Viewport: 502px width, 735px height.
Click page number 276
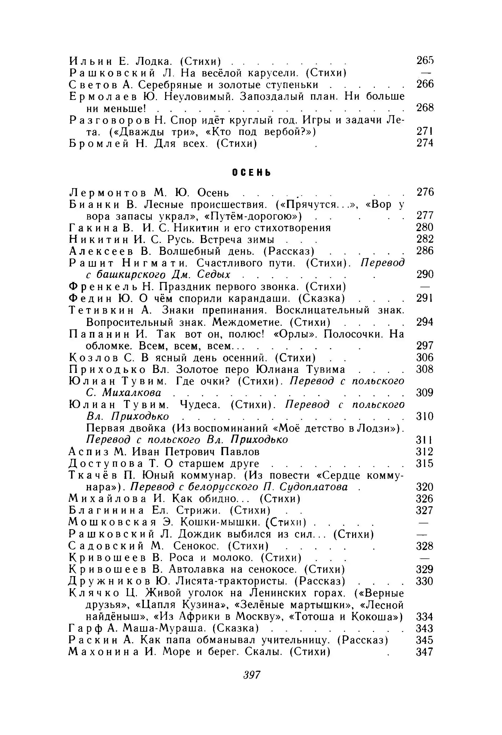(x=425, y=192)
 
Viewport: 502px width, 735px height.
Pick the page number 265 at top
(x=425, y=60)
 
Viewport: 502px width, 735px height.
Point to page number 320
(x=424, y=487)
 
